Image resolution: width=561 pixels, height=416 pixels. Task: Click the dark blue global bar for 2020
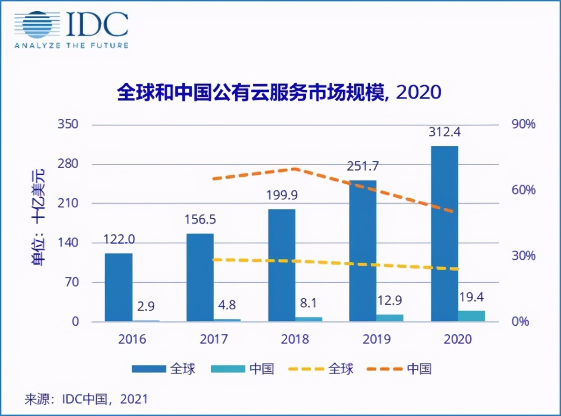tap(444, 234)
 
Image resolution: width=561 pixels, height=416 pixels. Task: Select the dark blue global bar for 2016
tap(118, 287)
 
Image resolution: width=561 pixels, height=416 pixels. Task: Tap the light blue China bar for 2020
tap(472, 316)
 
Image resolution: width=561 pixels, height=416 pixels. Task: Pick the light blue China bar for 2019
tap(390, 318)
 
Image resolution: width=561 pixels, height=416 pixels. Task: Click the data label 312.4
tap(445, 132)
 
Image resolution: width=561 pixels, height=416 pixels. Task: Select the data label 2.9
tap(145, 307)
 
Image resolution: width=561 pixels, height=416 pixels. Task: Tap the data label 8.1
tap(308, 304)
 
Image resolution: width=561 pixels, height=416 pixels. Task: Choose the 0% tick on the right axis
tap(521, 322)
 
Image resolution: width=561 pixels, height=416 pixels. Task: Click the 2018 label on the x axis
tap(295, 339)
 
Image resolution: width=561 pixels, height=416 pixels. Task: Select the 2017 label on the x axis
tap(214, 339)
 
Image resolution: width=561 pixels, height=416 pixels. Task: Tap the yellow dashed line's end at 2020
tap(457, 269)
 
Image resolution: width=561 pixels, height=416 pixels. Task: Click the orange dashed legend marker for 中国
tap(385, 369)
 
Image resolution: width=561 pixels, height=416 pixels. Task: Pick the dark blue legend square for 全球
tap(149, 369)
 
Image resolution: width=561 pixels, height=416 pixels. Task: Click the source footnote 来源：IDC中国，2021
tap(86, 399)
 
